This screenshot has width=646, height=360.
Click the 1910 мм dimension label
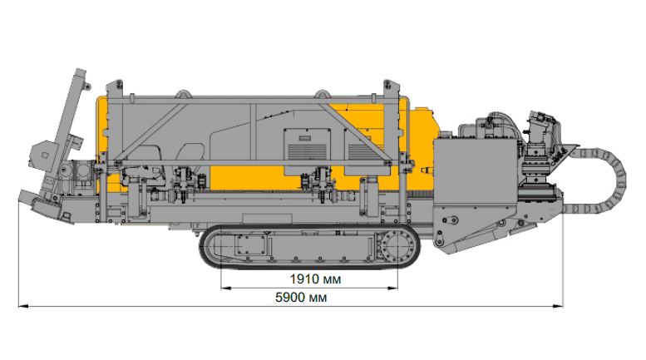click(315, 279)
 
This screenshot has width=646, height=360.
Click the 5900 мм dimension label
click(301, 298)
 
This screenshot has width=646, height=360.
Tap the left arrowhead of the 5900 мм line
click(23, 306)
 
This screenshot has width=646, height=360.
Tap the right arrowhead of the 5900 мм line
click(558, 306)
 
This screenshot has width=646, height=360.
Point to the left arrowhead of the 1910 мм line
click(226, 288)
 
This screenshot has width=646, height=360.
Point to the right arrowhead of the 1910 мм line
click(392, 288)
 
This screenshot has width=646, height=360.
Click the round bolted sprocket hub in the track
click(397, 246)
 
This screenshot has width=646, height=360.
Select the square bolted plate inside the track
click(250, 244)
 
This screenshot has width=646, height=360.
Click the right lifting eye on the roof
click(323, 94)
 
